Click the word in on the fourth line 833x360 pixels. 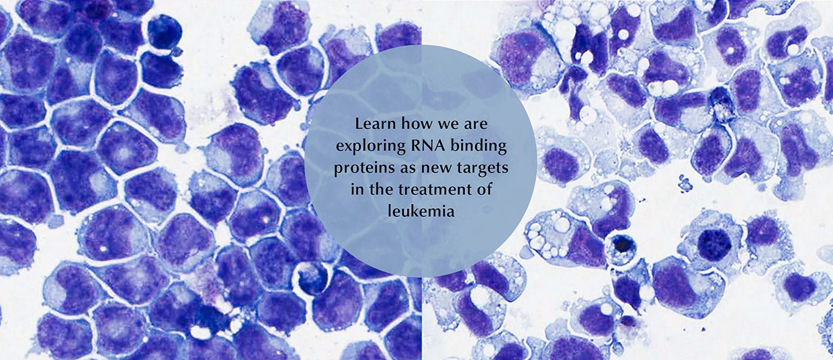(356, 189)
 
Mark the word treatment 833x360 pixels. (432, 189)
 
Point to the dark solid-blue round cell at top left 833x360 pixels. (163, 32)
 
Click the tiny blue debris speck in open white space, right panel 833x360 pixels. (686, 181)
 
